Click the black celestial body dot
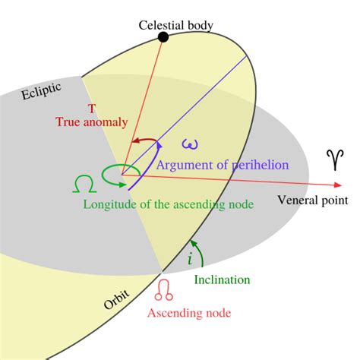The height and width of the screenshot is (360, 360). [x=163, y=37]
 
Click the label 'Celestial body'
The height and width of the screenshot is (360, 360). [x=175, y=25]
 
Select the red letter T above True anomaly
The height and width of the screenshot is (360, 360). [x=91, y=109]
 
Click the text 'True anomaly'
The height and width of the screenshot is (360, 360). [x=92, y=122]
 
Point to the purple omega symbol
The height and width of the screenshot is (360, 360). [x=190, y=144]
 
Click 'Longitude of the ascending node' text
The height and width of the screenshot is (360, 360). [x=168, y=204]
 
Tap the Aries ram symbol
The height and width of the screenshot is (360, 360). [x=334, y=159]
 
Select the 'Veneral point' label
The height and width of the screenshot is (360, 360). [x=313, y=201]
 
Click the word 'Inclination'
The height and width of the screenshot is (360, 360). [x=222, y=279]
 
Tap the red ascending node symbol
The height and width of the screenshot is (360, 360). [x=164, y=289]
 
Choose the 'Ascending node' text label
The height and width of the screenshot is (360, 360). [x=188, y=312]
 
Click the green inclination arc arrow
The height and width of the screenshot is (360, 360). [x=199, y=251]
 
